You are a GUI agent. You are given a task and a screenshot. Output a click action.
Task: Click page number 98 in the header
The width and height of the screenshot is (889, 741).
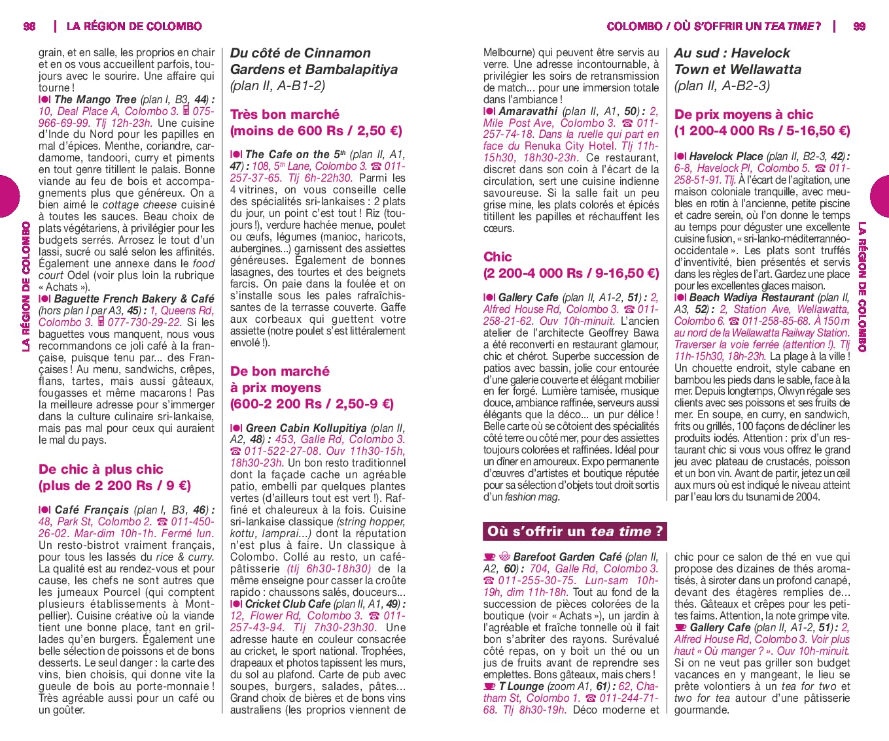(x=29, y=26)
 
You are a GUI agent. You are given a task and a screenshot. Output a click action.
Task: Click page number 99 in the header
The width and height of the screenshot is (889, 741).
(x=859, y=26)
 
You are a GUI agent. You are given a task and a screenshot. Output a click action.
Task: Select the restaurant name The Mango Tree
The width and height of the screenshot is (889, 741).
(x=96, y=99)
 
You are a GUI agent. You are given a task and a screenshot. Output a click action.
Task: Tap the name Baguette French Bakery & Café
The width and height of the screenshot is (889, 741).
(x=134, y=299)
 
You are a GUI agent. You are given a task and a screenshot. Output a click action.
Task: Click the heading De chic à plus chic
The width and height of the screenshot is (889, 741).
(x=101, y=469)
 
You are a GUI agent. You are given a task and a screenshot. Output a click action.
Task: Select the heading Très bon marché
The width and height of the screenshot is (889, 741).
(x=285, y=114)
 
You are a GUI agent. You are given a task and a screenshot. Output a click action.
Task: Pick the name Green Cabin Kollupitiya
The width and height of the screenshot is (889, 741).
(x=305, y=428)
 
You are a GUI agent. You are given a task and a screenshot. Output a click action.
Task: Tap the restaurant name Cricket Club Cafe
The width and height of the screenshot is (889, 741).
(x=288, y=604)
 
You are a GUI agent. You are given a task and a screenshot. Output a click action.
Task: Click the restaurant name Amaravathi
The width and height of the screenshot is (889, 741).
(x=528, y=111)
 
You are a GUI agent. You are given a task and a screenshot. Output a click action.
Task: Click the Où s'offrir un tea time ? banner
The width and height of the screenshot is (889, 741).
(x=574, y=531)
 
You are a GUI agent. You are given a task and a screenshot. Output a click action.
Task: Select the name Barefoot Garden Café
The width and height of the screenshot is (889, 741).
(x=567, y=557)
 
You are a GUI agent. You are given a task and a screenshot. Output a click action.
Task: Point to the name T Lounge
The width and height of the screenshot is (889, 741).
(x=521, y=686)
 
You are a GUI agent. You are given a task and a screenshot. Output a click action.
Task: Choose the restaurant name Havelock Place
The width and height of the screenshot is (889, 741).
(x=725, y=156)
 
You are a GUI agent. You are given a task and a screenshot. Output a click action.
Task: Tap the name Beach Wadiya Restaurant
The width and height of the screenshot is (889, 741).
(x=752, y=297)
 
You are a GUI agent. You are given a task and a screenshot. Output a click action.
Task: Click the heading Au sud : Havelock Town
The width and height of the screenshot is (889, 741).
(x=732, y=61)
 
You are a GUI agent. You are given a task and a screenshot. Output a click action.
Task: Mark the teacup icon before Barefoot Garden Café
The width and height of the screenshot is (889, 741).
(x=489, y=557)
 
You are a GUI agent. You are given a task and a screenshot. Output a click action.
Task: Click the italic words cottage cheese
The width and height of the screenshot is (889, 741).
(x=139, y=205)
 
